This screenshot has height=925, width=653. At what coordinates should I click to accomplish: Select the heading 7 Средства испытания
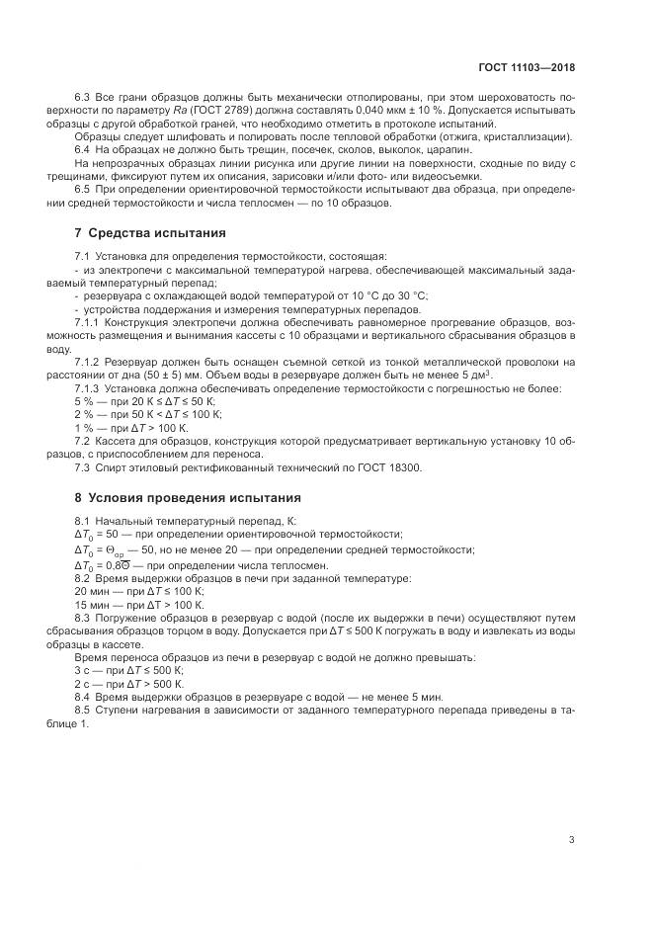point(150,233)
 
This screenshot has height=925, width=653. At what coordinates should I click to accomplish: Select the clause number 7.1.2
point(87,362)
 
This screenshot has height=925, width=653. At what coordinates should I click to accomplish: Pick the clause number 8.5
point(83,712)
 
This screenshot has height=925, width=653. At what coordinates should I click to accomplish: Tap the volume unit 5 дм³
point(475,375)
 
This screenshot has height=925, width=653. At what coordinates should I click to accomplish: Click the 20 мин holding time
point(90,590)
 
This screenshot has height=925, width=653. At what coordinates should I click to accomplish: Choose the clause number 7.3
point(83,467)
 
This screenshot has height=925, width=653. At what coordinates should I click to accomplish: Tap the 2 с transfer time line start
point(82,683)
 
